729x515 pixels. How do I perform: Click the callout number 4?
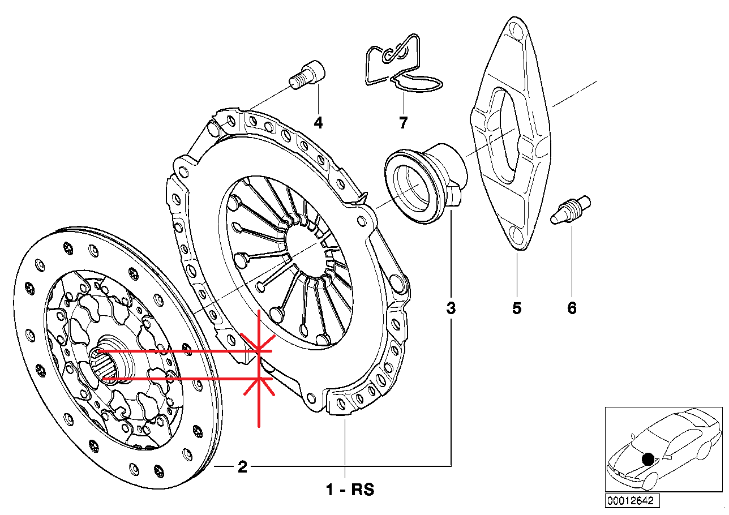click(318, 122)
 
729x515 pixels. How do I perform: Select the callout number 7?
click(403, 122)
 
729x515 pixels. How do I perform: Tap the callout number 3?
click(451, 308)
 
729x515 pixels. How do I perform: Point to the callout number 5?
click(517, 308)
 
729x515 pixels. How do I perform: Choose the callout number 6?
click(572, 308)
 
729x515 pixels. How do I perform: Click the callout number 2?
click(242, 467)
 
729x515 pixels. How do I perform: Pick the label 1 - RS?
click(350, 490)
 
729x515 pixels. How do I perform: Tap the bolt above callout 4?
click(309, 76)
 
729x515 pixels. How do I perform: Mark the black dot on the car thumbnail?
click(648, 458)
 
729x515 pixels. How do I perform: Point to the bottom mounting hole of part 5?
click(516, 234)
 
